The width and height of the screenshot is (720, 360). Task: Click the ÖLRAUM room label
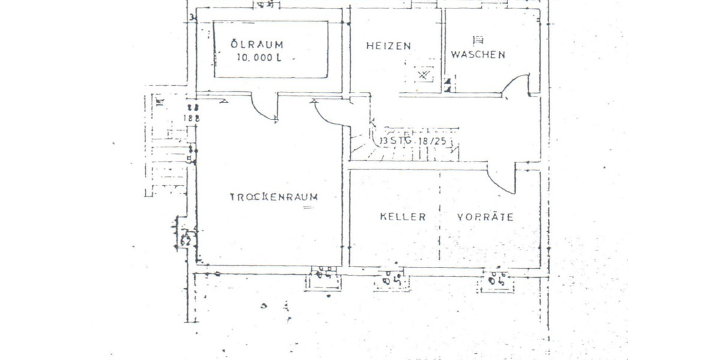point(257,44)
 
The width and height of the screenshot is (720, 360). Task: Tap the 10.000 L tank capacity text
point(258,59)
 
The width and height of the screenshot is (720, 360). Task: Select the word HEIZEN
point(388,46)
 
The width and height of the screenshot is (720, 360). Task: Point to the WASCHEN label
point(478,54)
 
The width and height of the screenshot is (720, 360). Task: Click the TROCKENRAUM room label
point(274,197)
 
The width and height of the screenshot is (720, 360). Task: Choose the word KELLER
point(403,217)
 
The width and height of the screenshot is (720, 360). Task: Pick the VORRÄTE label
point(485,217)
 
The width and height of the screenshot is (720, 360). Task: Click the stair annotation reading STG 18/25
point(415,142)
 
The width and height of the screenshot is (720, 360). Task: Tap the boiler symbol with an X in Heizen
point(424,76)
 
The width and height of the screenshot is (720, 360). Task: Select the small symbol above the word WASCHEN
point(478,40)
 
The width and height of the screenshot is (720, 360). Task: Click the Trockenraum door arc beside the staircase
point(330,114)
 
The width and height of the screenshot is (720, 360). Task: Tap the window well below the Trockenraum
point(323,278)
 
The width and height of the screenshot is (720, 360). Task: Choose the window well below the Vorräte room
point(496,281)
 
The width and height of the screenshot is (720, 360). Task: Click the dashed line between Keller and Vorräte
point(440,216)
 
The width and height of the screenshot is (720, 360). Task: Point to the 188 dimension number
point(191,118)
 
